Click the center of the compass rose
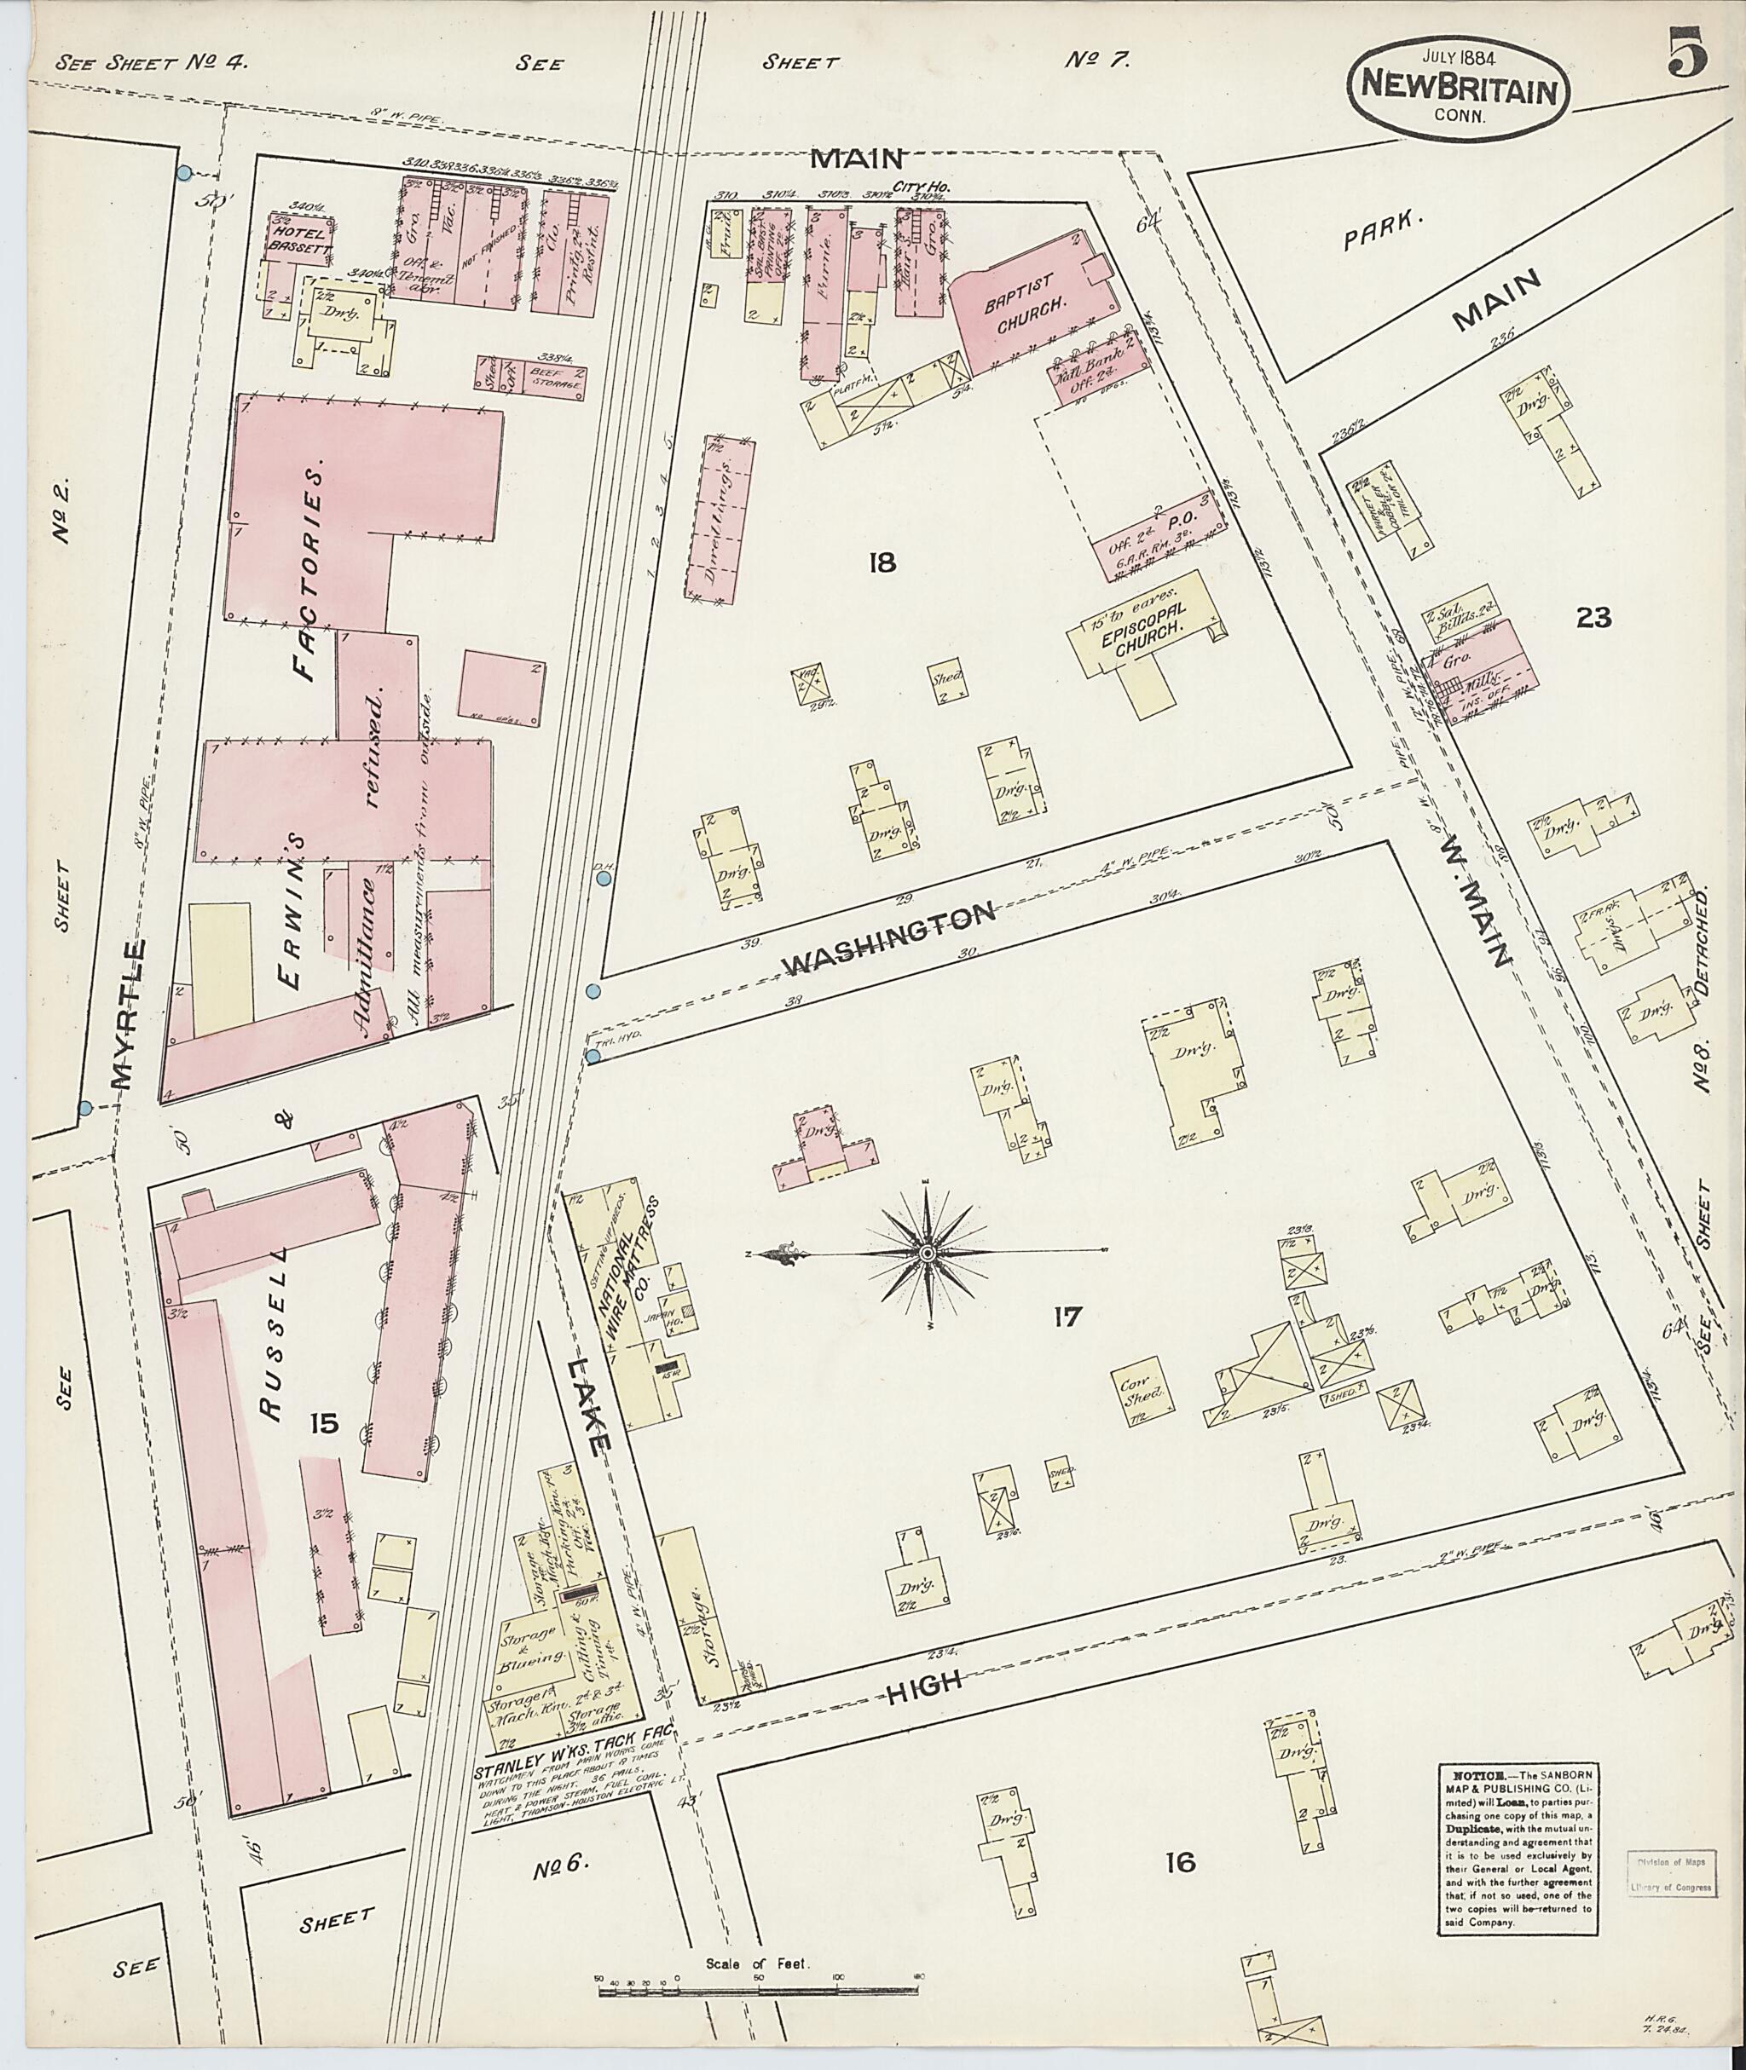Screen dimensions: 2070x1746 pyautogui.click(x=927, y=1254)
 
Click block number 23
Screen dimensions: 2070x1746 pyautogui.click(x=1594, y=619)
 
